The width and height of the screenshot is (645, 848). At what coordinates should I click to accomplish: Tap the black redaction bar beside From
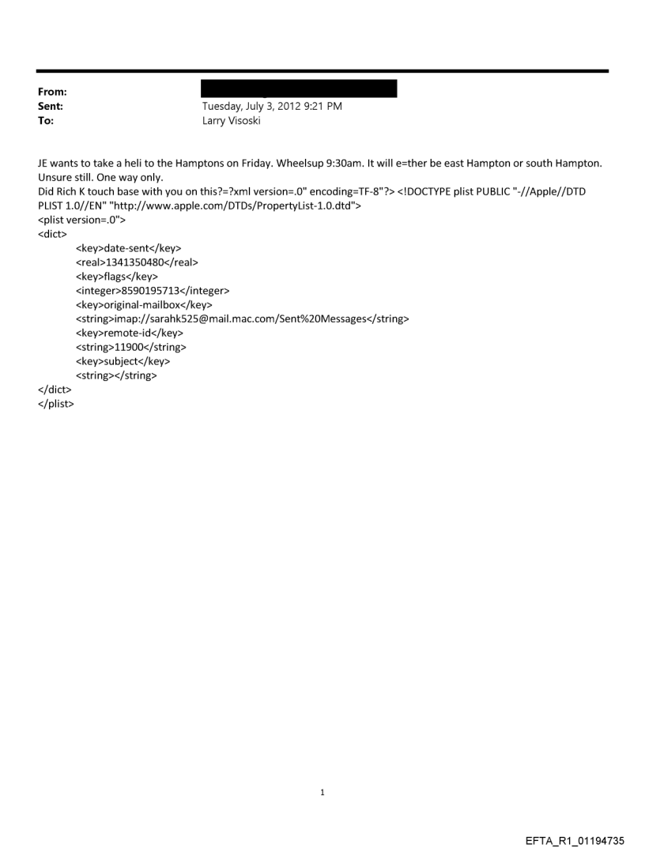pos(300,89)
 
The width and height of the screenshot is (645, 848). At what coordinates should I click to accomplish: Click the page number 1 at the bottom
pos(322,792)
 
